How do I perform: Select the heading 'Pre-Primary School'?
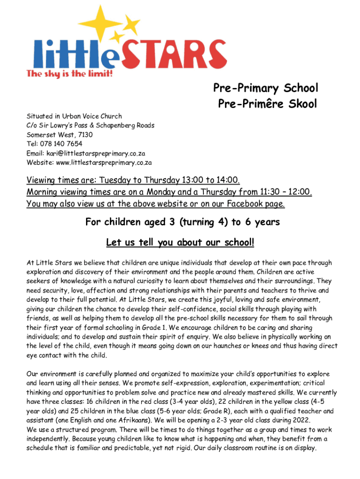coord(266,88)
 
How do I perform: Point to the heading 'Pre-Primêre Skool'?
coord(267,103)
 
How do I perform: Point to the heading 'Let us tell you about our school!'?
coord(180,243)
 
